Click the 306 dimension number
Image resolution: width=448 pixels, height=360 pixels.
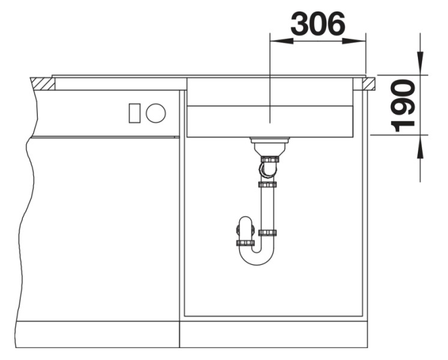pyautogui.click(x=318, y=23)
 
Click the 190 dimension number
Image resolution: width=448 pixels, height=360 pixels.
pyautogui.click(x=403, y=106)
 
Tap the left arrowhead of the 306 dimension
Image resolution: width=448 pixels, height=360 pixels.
pyautogui.click(x=282, y=41)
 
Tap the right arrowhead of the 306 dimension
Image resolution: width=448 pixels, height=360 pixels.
pyautogui.click(x=354, y=41)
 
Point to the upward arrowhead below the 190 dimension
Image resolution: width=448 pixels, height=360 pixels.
pyautogui.click(x=420, y=147)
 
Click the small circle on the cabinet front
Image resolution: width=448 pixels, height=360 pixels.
pyautogui.click(x=156, y=112)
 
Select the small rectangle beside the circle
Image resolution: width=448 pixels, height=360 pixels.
pyautogui.click(x=135, y=113)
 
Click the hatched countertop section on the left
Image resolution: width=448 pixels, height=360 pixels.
pyautogui.click(x=42, y=84)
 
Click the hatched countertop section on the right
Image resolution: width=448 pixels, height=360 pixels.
pyautogui.click(x=369, y=84)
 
